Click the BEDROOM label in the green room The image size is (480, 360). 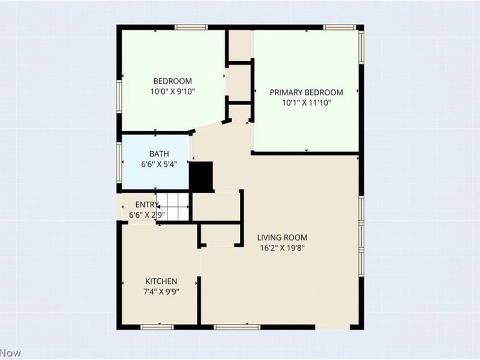pos(172,81)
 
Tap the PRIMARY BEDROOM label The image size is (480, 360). pos(306,92)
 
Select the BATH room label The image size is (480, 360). pos(151,154)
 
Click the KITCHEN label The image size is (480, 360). pos(161,281)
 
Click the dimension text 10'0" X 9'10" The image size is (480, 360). pos(172,91)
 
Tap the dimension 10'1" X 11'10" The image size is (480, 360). pos(306,103)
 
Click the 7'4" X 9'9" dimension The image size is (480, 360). pos(161,292)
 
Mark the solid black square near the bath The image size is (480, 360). pos(202,176)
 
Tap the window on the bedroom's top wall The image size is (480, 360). pos(195,26)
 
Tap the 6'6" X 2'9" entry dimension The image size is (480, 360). pos(147,215)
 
